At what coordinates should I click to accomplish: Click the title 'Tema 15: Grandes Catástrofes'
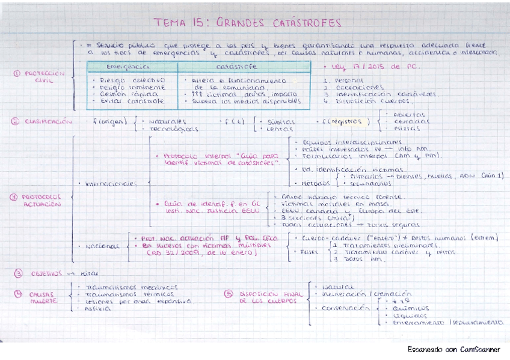(x=247, y=23)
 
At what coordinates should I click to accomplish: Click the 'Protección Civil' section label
(x=43, y=76)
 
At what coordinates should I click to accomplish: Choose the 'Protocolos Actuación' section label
(x=43, y=200)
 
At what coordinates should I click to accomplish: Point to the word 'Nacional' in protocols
(x=102, y=246)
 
